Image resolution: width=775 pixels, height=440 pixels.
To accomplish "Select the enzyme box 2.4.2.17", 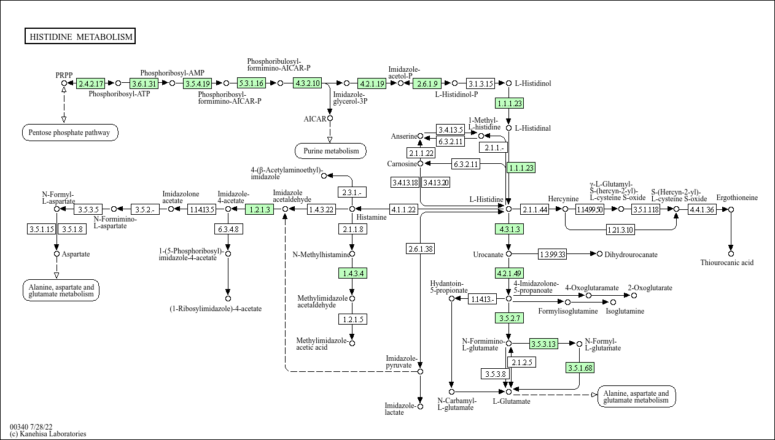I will (x=91, y=83).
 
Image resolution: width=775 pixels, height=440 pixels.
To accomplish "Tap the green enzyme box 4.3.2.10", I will (x=308, y=83).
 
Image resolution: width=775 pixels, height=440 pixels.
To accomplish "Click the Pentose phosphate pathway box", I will (x=70, y=132).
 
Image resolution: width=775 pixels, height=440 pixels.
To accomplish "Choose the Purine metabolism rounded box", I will (x=330, y=151).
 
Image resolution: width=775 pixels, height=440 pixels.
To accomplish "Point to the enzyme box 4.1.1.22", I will (x=403, y=209).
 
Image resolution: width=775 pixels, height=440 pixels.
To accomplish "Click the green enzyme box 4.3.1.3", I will (x=508, y=230).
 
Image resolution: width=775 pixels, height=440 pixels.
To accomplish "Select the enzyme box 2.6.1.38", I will (x=421, y=249).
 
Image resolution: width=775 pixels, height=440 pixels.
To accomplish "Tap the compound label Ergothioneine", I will (x=737, y=198).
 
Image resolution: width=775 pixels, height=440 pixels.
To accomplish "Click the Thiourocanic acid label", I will (x=727, y=263).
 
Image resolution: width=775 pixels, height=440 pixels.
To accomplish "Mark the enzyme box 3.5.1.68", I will (x=580, y=368).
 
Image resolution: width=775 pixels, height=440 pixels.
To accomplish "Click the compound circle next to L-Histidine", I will (x=508, y=209).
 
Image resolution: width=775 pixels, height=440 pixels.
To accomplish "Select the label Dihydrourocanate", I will (x=631, y=254).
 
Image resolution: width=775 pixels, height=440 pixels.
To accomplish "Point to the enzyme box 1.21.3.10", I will (x=620, y=230).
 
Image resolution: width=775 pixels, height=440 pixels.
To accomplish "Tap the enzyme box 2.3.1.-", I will (x=352, y=192).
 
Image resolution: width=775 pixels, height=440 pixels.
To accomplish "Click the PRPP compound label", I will (x=64, y=75).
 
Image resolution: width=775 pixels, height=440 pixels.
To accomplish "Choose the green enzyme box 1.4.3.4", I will (x=352, y=273).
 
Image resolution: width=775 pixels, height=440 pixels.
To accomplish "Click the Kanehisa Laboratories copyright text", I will (x=48, y=434).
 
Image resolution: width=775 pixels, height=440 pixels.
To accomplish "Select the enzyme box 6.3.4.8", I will (x=227, y=230).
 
